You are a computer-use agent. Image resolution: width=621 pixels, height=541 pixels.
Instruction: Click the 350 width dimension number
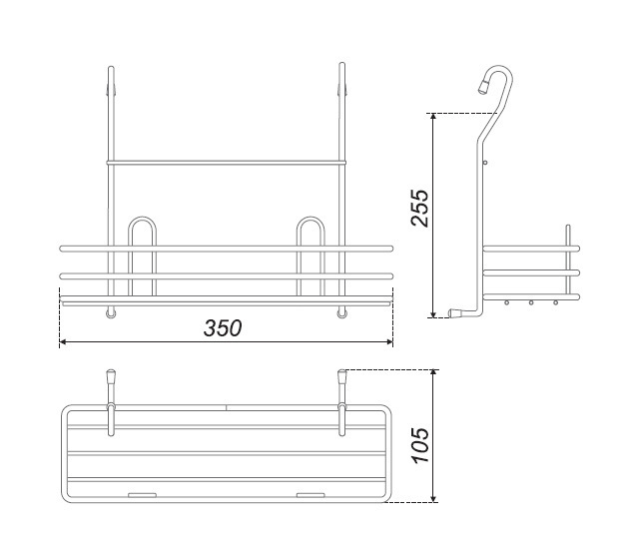pos(223,328)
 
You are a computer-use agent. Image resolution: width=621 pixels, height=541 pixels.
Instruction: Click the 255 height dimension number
pos(419,208)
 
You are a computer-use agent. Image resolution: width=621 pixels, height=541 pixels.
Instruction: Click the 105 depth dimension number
pos(420,445)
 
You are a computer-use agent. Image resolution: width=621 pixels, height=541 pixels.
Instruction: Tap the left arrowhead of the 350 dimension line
pos(62,341)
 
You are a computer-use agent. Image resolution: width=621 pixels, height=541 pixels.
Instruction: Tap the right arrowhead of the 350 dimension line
pos(389,341)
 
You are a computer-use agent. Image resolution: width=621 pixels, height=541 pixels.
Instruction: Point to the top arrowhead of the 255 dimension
pos(433,117)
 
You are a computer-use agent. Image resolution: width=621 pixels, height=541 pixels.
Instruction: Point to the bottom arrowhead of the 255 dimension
pos(433,314)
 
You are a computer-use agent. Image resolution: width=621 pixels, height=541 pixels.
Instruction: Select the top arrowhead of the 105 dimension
pos(434,372)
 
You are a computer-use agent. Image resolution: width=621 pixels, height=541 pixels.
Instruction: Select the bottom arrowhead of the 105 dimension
pos(434,499)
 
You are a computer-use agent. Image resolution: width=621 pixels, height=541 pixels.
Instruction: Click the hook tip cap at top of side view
pos(484,86)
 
